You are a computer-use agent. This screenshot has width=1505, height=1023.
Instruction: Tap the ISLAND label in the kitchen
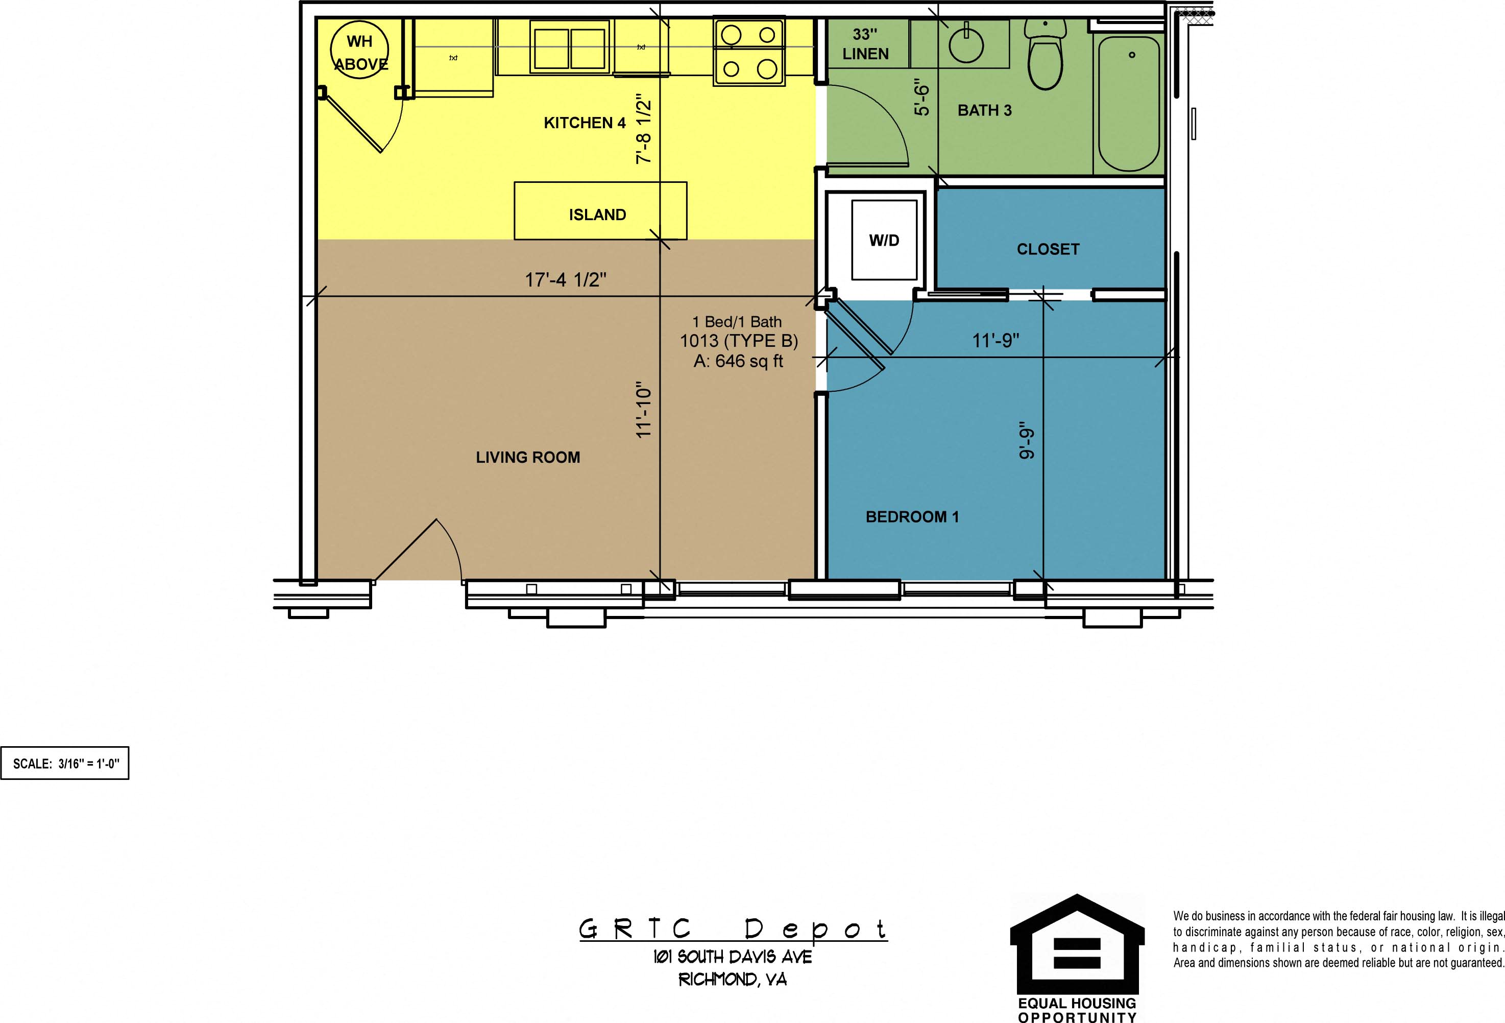pos(597,215)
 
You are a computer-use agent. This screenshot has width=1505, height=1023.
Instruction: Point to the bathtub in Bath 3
pos(1129,104)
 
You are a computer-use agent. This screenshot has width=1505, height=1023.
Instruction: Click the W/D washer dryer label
pos(884,241)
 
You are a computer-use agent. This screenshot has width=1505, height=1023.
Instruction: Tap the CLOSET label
pos(1048,249)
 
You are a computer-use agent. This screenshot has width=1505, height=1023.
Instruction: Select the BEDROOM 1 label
pos(912,517)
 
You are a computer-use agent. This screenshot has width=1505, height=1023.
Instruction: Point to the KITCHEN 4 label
pos(584,123)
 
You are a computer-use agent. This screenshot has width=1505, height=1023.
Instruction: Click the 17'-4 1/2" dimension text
pos(565,280)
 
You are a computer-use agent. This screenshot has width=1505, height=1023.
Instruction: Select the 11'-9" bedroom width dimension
pos(996,341)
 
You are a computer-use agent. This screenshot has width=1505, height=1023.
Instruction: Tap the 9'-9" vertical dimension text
pos(1027,444)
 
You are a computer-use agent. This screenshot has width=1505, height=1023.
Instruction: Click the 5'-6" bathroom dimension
pos(921,97)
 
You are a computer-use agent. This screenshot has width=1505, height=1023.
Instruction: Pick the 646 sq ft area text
pos(738,362)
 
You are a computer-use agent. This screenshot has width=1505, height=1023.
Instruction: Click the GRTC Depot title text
pos(733,930)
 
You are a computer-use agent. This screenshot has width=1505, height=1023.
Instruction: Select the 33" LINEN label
pos(865,44)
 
